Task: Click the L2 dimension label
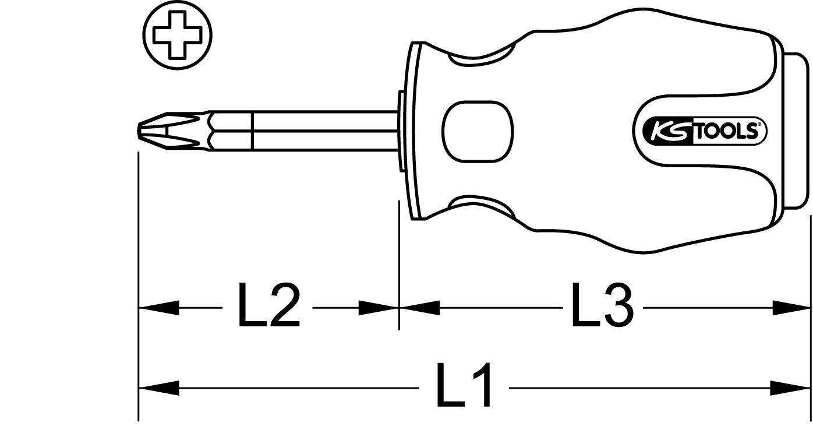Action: coord(268,305)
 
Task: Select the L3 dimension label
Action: coord(602,305)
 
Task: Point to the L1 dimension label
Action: coord(464,385)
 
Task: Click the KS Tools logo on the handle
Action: coord(699,130)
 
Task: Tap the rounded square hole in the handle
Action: coord(478,130)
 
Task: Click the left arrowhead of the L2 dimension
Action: coord(157,308)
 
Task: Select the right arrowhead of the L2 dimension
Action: coord(379,308)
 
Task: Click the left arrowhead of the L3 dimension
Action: coord(419,308)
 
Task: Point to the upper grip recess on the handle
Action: coord(480,57)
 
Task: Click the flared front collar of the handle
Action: coord(415,130)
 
